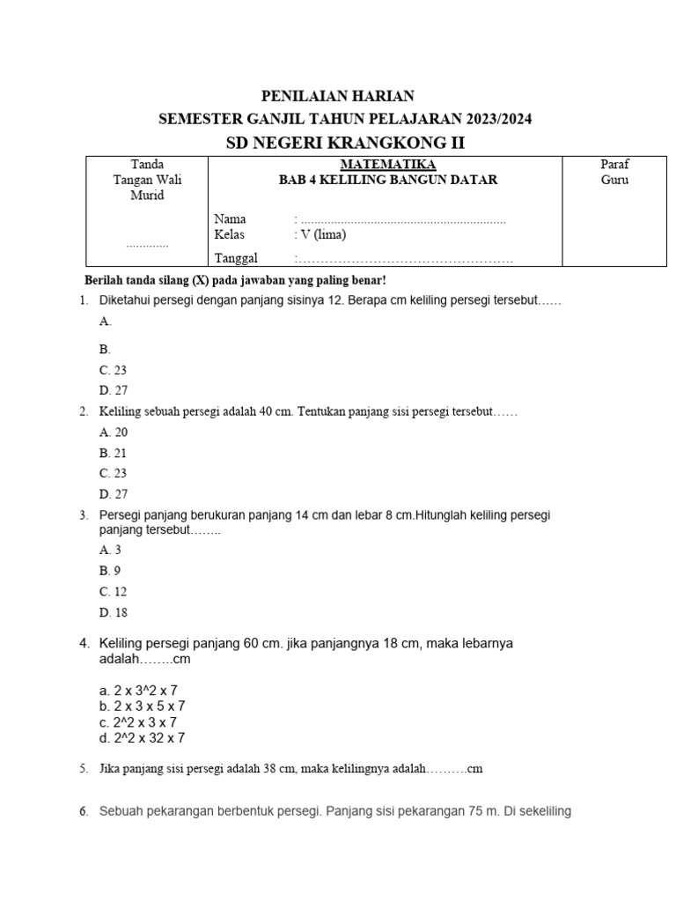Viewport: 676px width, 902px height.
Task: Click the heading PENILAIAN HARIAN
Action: click(339, 96)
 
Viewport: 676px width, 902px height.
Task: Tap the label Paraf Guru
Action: click(614, 172)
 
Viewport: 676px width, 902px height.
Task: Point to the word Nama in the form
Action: click(230, 218)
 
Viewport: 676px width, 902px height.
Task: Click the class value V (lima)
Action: click(322, 235)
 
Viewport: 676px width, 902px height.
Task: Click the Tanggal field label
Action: click(236, 257)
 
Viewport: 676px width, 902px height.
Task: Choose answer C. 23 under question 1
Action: click(114, 371)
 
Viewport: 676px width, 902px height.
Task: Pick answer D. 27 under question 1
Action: click(114, 390)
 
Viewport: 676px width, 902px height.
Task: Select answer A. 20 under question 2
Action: click(114, 433)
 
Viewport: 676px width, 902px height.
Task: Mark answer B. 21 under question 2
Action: click(114, 453)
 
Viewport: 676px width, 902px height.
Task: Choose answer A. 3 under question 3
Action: click(110, 550)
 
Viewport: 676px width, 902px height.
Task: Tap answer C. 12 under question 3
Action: click(114, 591)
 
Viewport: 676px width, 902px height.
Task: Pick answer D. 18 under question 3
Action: click(114, 612)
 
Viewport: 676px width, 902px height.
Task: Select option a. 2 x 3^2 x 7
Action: click(138, 691)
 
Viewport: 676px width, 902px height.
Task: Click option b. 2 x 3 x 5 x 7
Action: click(142, 706)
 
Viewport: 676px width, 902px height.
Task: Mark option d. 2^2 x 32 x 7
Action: click(142, 738)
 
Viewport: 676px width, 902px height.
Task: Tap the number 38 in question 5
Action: click(270, 769)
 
